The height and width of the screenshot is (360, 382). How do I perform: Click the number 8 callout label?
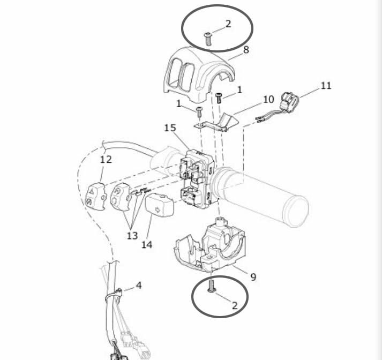point(246,50)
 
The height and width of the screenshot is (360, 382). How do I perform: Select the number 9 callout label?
point(253,277)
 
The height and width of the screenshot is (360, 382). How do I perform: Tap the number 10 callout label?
point(268,100)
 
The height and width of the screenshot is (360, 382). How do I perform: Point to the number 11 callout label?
point(326,86)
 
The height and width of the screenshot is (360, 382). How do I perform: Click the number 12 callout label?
point(106,160)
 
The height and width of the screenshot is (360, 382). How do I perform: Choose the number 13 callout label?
point(132,236)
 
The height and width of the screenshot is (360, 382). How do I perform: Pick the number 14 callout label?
point(147,244)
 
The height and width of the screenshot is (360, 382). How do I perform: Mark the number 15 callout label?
point(170,128)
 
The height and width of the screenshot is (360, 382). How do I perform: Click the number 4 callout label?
point(139,285)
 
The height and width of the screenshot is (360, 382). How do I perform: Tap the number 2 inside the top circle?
point(228,24)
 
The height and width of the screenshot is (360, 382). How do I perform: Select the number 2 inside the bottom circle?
point(235,305)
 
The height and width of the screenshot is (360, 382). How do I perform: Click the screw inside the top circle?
point(208,39)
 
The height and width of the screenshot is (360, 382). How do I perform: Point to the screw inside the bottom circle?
point(211,286)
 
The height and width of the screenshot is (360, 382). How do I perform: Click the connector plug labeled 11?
point(289,102)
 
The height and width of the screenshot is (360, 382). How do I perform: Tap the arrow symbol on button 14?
point(158,209)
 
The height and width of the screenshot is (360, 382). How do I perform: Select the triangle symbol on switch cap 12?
point(92,192)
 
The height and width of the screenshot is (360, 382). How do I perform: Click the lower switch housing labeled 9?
point(211,246)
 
